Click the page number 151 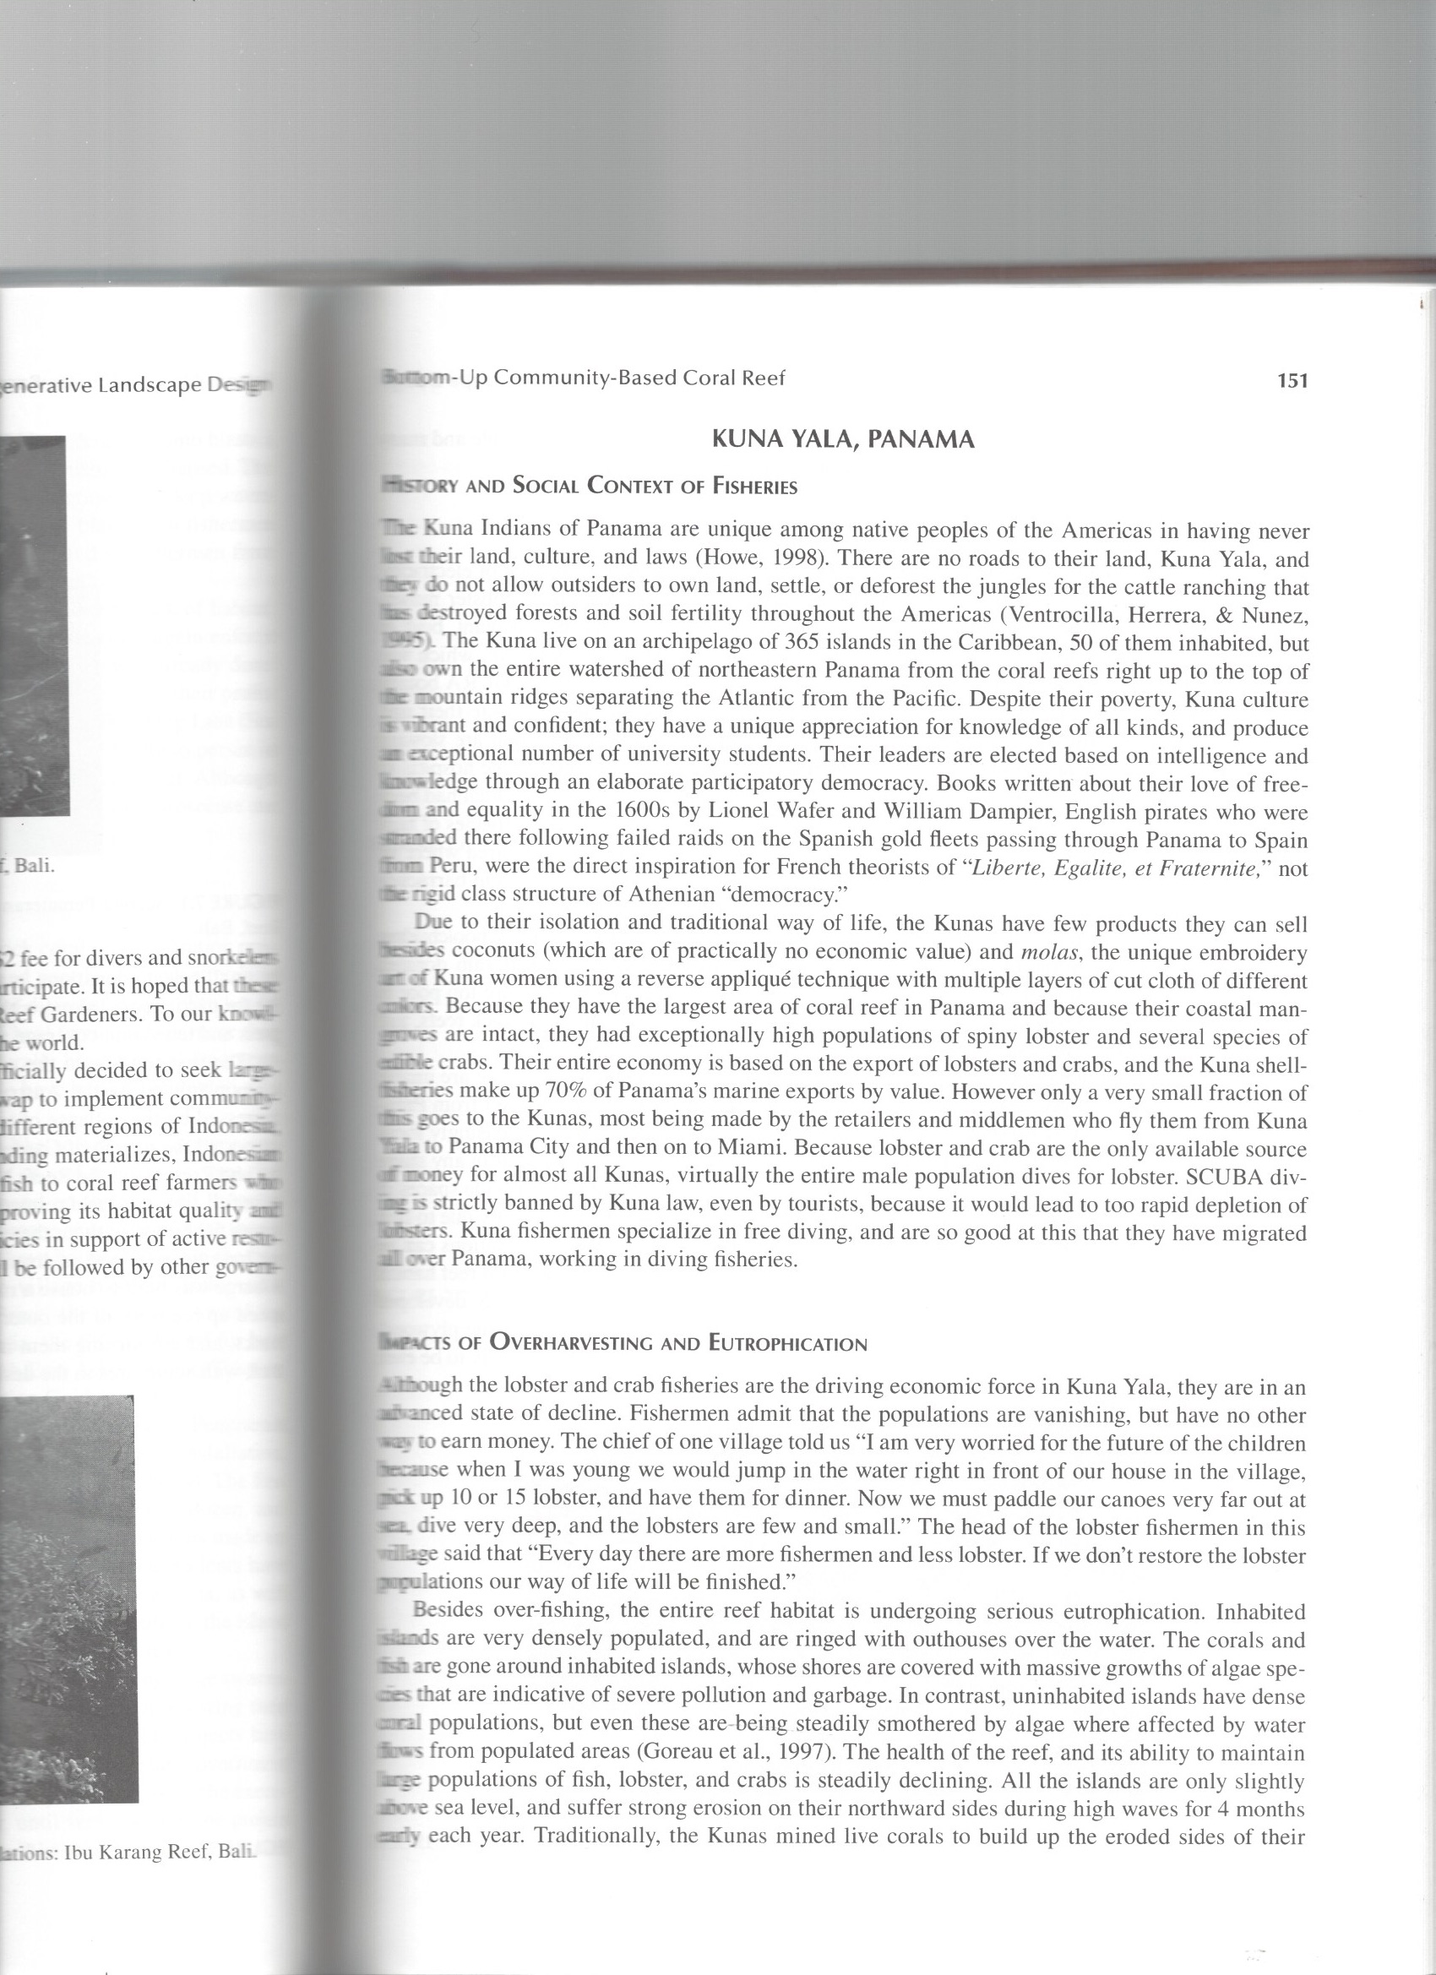tap(1292, 380)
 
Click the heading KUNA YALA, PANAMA tap(842, 440)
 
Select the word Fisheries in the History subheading tap(754, 487)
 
